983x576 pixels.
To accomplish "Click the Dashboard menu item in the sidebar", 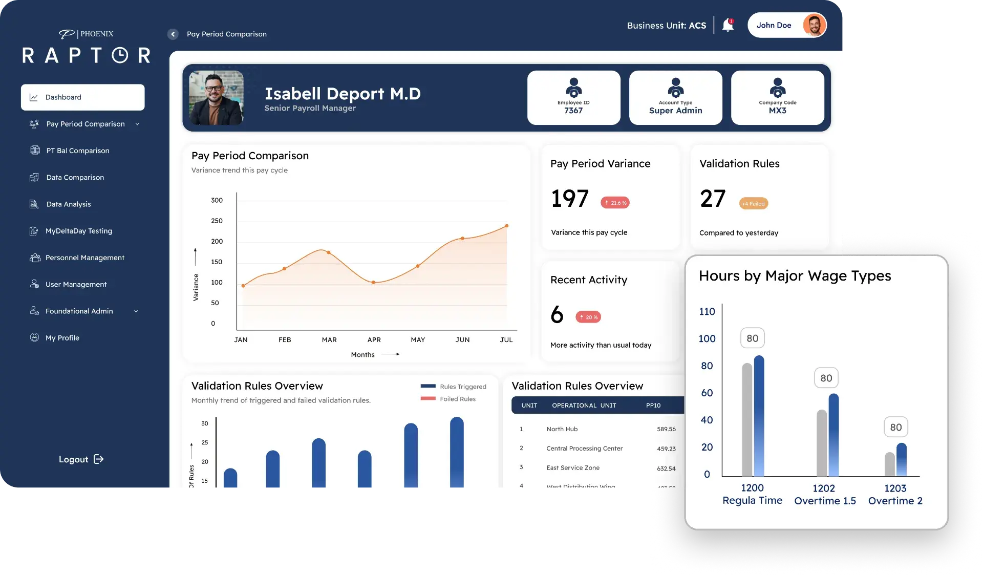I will [82, 97].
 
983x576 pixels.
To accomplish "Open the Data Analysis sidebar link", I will [68, 204].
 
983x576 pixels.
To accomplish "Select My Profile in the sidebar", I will [62, 338].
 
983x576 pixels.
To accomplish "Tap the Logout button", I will [81, 459].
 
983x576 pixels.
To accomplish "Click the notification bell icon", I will [728, 25].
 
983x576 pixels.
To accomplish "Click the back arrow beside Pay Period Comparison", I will [173, 34].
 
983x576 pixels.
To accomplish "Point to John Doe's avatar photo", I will [814, 25].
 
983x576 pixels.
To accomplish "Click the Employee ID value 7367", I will [573, 111].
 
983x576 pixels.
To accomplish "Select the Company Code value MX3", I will [777, 111].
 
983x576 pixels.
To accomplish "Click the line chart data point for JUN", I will [462, 238].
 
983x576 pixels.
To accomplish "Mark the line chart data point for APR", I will [373, 282].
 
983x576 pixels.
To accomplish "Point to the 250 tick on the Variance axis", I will [217, 221].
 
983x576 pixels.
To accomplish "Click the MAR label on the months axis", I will [329, 340].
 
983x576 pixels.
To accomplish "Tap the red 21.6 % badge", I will [615, 203].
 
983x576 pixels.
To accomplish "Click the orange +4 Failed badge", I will [754, 204].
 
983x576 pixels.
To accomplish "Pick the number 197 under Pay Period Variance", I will [570, 199].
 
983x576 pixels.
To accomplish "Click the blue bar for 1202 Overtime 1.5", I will [834, 435].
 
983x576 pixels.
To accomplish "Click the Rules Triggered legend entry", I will [454, 387].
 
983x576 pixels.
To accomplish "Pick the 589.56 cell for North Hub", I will [666, 429].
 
